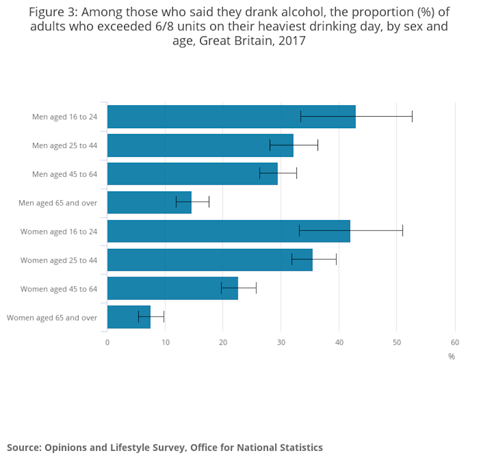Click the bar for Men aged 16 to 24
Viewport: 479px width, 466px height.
(x=230, y=117)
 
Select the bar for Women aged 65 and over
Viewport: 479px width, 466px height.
(x=128, y=317)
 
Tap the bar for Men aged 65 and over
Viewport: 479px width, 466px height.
(x=149, y=202)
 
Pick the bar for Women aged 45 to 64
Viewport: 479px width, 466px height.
(x=172, y=288)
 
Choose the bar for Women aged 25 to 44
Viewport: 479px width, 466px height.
(x=209, y=260)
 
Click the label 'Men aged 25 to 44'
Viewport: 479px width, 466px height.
(x=65, y=145)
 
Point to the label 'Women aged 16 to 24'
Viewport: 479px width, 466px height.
(x=58, y=232)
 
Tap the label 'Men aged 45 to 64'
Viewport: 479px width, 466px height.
(x=65, y=174)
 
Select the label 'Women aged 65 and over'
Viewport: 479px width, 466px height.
(x=52, y=318)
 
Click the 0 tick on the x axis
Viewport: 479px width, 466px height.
(x=107, y=343)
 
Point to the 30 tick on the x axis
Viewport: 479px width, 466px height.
(x=281, y=343)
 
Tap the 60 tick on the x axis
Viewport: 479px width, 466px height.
(x=455, y=343)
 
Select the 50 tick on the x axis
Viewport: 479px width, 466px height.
(x=397, y=343)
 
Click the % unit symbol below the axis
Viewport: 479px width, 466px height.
(x=451, y=356)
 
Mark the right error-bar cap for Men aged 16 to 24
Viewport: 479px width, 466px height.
(x=412, y=117)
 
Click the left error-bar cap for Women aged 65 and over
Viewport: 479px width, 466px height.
(x=138, y=317)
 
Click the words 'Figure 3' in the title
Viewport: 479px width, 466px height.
(x=52, y=12)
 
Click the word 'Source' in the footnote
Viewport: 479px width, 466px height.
(x=23, y=448)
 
